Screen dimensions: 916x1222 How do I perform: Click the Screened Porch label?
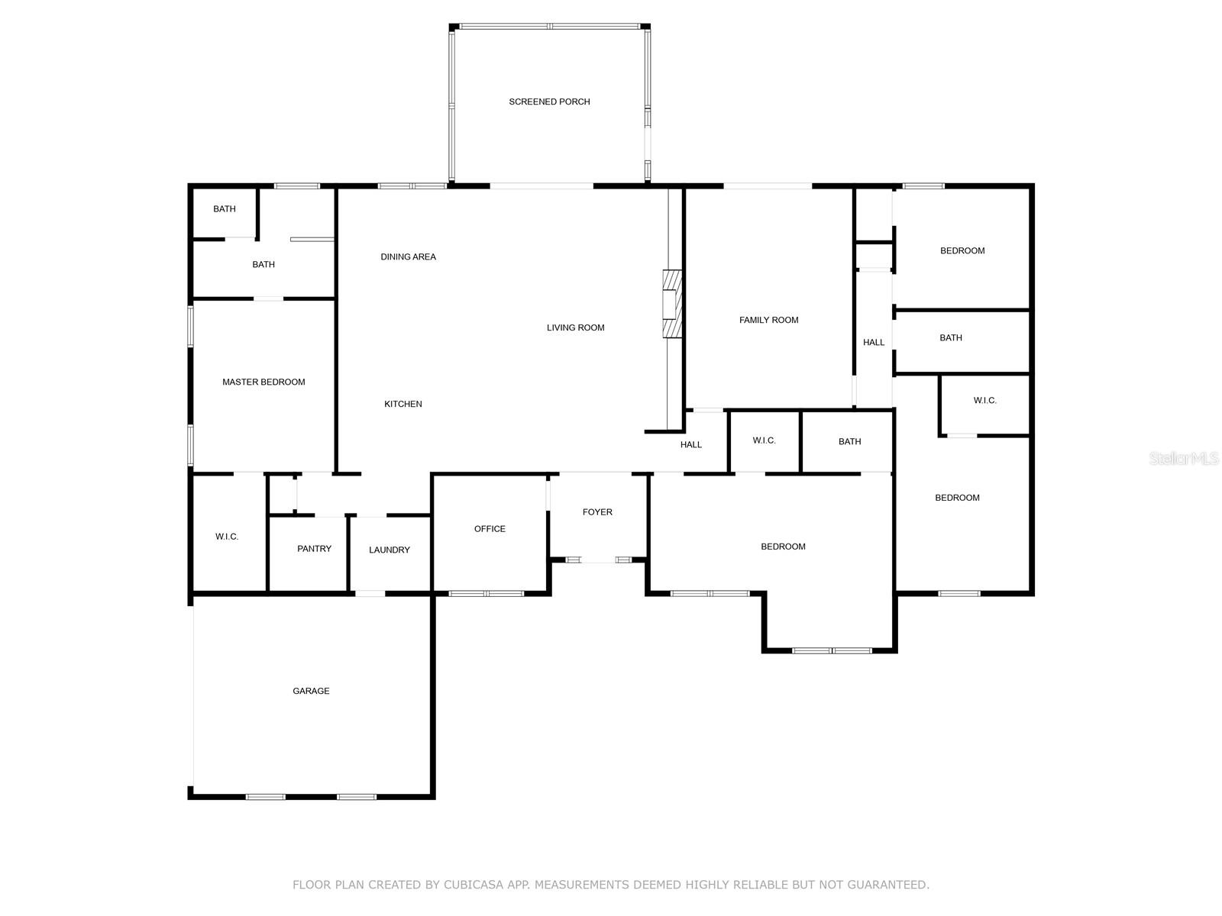(549, 102)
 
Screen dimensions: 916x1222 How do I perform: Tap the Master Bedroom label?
(263, 382)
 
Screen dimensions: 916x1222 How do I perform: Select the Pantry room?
(314, 549)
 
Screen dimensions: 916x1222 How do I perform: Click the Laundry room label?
(390, 550)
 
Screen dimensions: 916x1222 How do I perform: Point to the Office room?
(490, 528)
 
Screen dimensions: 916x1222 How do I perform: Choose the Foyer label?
(597, 512)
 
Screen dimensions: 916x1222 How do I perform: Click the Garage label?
(311, 691)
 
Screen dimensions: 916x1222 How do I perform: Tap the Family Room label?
(768, 320)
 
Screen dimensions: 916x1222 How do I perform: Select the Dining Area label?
(408, 256)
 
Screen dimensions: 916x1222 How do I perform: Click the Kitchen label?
(402, 404)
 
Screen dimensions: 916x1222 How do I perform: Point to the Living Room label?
(575, 327)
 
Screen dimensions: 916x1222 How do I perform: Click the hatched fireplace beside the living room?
(671, 304)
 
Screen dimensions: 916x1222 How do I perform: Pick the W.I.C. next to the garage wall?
(227, 537)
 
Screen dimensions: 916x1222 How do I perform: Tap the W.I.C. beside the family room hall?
(764, 440)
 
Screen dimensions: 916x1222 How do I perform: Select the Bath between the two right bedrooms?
(951, 337)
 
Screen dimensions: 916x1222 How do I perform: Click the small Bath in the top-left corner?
(225, 209)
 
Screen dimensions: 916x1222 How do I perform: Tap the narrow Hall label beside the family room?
(874, 342)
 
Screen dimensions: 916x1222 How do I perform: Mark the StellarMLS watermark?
(1185, 458)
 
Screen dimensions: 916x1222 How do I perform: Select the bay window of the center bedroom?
(831, 650)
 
